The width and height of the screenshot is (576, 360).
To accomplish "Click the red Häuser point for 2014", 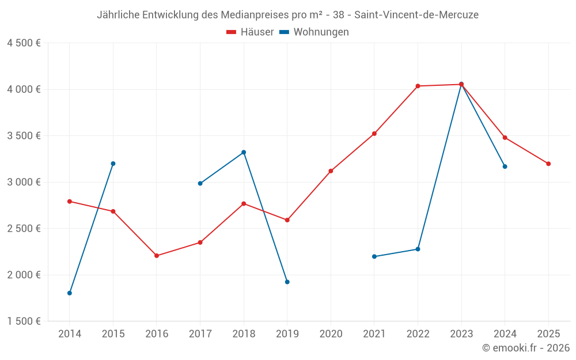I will coord(70,202).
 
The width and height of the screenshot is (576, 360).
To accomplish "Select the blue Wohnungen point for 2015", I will coord(113,164).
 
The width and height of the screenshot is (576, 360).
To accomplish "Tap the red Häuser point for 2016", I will coord(157,256).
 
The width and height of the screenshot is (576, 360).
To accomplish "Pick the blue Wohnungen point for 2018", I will coord(244,152).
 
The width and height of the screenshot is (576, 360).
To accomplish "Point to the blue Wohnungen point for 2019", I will coord(287,282).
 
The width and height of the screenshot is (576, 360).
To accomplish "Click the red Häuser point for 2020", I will coord(331,171).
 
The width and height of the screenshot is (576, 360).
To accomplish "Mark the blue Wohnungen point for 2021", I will coord(374,256).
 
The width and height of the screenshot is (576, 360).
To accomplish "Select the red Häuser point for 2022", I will coord(418,86).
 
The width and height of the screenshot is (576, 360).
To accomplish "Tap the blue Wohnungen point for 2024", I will coord(505,166).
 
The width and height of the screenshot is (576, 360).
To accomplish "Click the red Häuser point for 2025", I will coord(548,164).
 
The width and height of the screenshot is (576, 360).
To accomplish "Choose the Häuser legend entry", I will coord(250,32).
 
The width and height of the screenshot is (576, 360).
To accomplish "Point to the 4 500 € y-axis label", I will coord(24,43).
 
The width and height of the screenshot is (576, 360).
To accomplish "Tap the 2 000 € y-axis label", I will coord(24,275).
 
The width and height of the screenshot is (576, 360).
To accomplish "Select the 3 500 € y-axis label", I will coord(24,136).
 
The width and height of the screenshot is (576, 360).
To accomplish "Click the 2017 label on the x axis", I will coord(200,334).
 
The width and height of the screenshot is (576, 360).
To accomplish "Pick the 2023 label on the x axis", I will coord(461,334).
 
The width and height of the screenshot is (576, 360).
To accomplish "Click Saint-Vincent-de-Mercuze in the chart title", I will coord(416,15).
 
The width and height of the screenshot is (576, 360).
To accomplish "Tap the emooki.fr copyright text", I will coord(526,348).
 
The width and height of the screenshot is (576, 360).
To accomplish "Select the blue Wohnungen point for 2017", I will coord(200,183).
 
